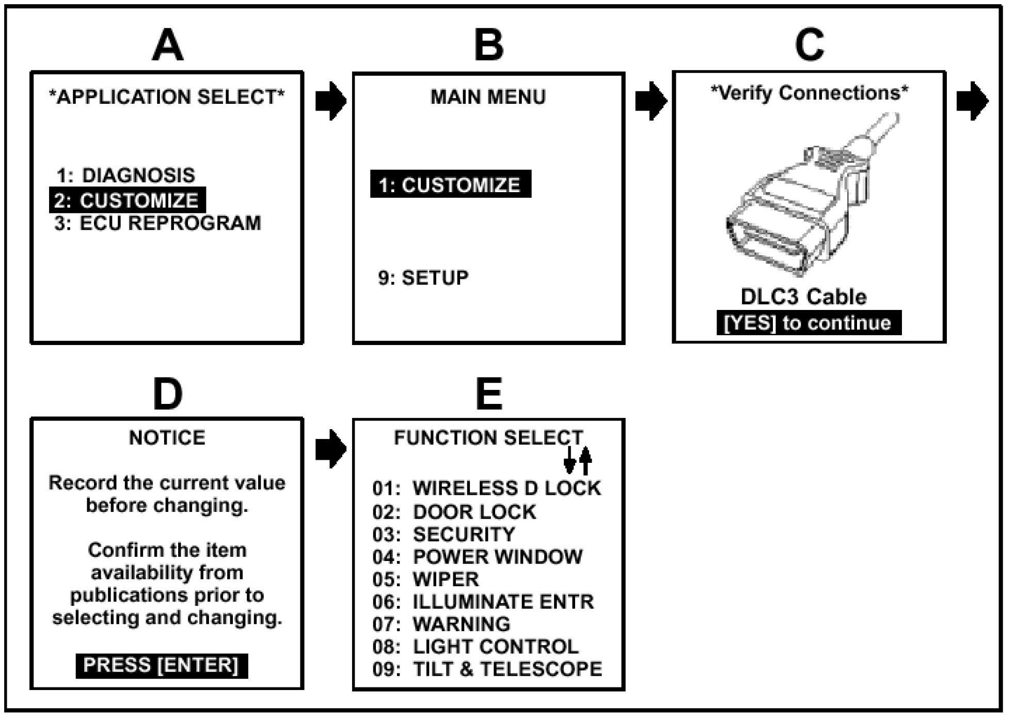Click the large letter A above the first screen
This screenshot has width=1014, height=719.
pos(168,45)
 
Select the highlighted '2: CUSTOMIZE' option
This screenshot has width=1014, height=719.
pos(128,200)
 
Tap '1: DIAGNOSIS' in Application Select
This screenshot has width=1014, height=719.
pos(125,176)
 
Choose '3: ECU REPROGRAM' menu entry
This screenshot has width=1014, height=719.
pos(157,223)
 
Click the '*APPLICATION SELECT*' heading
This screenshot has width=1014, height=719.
pos(166,97)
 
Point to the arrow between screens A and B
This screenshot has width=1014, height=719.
pos(330,100)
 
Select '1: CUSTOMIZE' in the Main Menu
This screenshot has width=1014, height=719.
pos(450,184)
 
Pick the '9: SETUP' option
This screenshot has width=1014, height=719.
pos(423,278)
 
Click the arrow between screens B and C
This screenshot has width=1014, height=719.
pos(651,100)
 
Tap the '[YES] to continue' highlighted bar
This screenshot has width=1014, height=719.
pos(809,323)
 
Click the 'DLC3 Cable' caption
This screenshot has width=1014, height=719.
pos(803,297)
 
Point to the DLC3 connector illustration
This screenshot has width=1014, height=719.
pos(805,201)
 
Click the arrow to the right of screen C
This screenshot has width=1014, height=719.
pos(972,100)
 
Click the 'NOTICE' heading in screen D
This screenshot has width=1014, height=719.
pos(167,438)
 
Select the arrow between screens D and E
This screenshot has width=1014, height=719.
pos(330,448)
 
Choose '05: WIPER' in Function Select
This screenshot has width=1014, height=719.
pos(425,580)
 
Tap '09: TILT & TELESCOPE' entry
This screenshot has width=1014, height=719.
pos(487,669)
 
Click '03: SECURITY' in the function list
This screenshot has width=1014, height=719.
pos(443,535)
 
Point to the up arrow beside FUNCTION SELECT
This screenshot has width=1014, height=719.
pos(585,460)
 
